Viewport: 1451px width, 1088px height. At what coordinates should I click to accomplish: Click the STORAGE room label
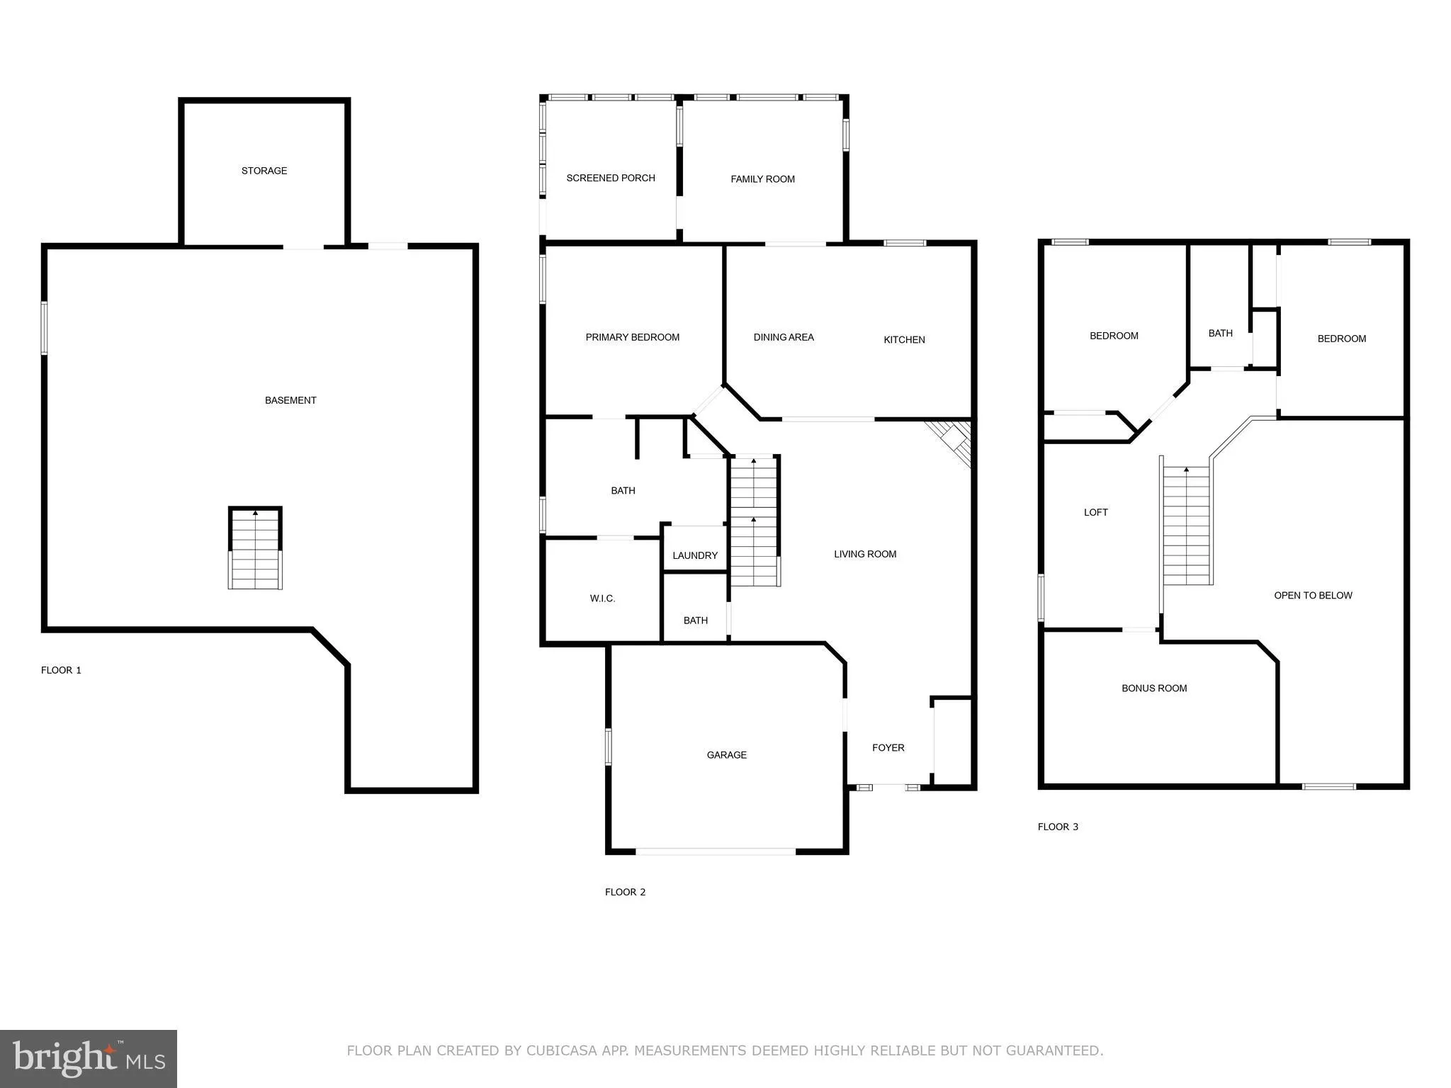coord(264,171)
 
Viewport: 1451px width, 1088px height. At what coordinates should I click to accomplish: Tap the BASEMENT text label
coord(290,400)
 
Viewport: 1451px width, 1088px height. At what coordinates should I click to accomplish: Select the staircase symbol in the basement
coord(255,548)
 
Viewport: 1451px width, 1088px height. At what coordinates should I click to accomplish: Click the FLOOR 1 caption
coord(61,670)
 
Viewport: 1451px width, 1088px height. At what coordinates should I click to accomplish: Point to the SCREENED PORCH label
coord(610,178)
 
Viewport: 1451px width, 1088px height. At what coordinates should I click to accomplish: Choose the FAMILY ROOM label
coord(762,179)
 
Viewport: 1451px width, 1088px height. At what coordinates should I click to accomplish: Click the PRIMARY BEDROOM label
coord(632,337)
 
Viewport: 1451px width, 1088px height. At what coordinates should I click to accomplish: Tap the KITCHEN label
coord(904,340)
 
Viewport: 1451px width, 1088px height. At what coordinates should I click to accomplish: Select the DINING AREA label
coord(783,337)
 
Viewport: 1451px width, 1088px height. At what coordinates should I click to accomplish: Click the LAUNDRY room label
coord(694,555)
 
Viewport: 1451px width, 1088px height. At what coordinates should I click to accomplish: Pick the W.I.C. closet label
coord(602,599)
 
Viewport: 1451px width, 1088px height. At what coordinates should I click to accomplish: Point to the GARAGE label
coord(726,755)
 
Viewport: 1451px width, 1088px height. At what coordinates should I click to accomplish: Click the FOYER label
coord(888,747)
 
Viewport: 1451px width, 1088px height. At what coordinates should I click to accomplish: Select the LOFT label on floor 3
coord(1095,512)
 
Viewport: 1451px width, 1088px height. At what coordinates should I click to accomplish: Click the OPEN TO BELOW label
coord(1313,595)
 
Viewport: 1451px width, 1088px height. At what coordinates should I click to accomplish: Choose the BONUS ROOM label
coord(1153,688)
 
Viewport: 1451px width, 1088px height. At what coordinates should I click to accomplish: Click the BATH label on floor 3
coord(1220,333)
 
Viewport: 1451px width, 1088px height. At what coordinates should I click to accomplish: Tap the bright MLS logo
coord(89,1058)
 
